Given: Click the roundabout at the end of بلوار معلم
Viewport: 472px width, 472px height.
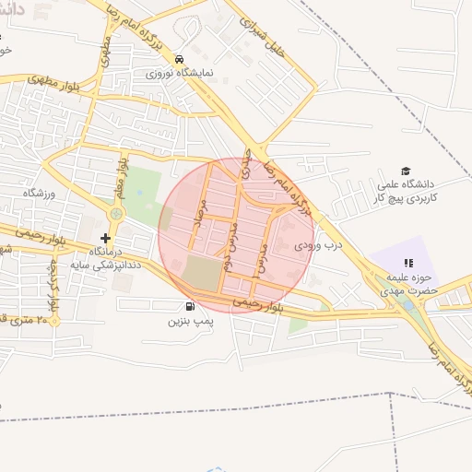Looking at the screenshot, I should pyautogui.click(x=116, y=214).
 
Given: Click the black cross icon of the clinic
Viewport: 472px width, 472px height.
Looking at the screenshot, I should pyautogui.click(x=106, y=238).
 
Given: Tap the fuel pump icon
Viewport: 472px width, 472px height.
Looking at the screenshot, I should pyautogui.click(x=190, y=306).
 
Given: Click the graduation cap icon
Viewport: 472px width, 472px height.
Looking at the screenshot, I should pyautogui.click(x=405, y=171).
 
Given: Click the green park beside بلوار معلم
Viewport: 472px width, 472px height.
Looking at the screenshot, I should pyautogui.click(x=139, y=194).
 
